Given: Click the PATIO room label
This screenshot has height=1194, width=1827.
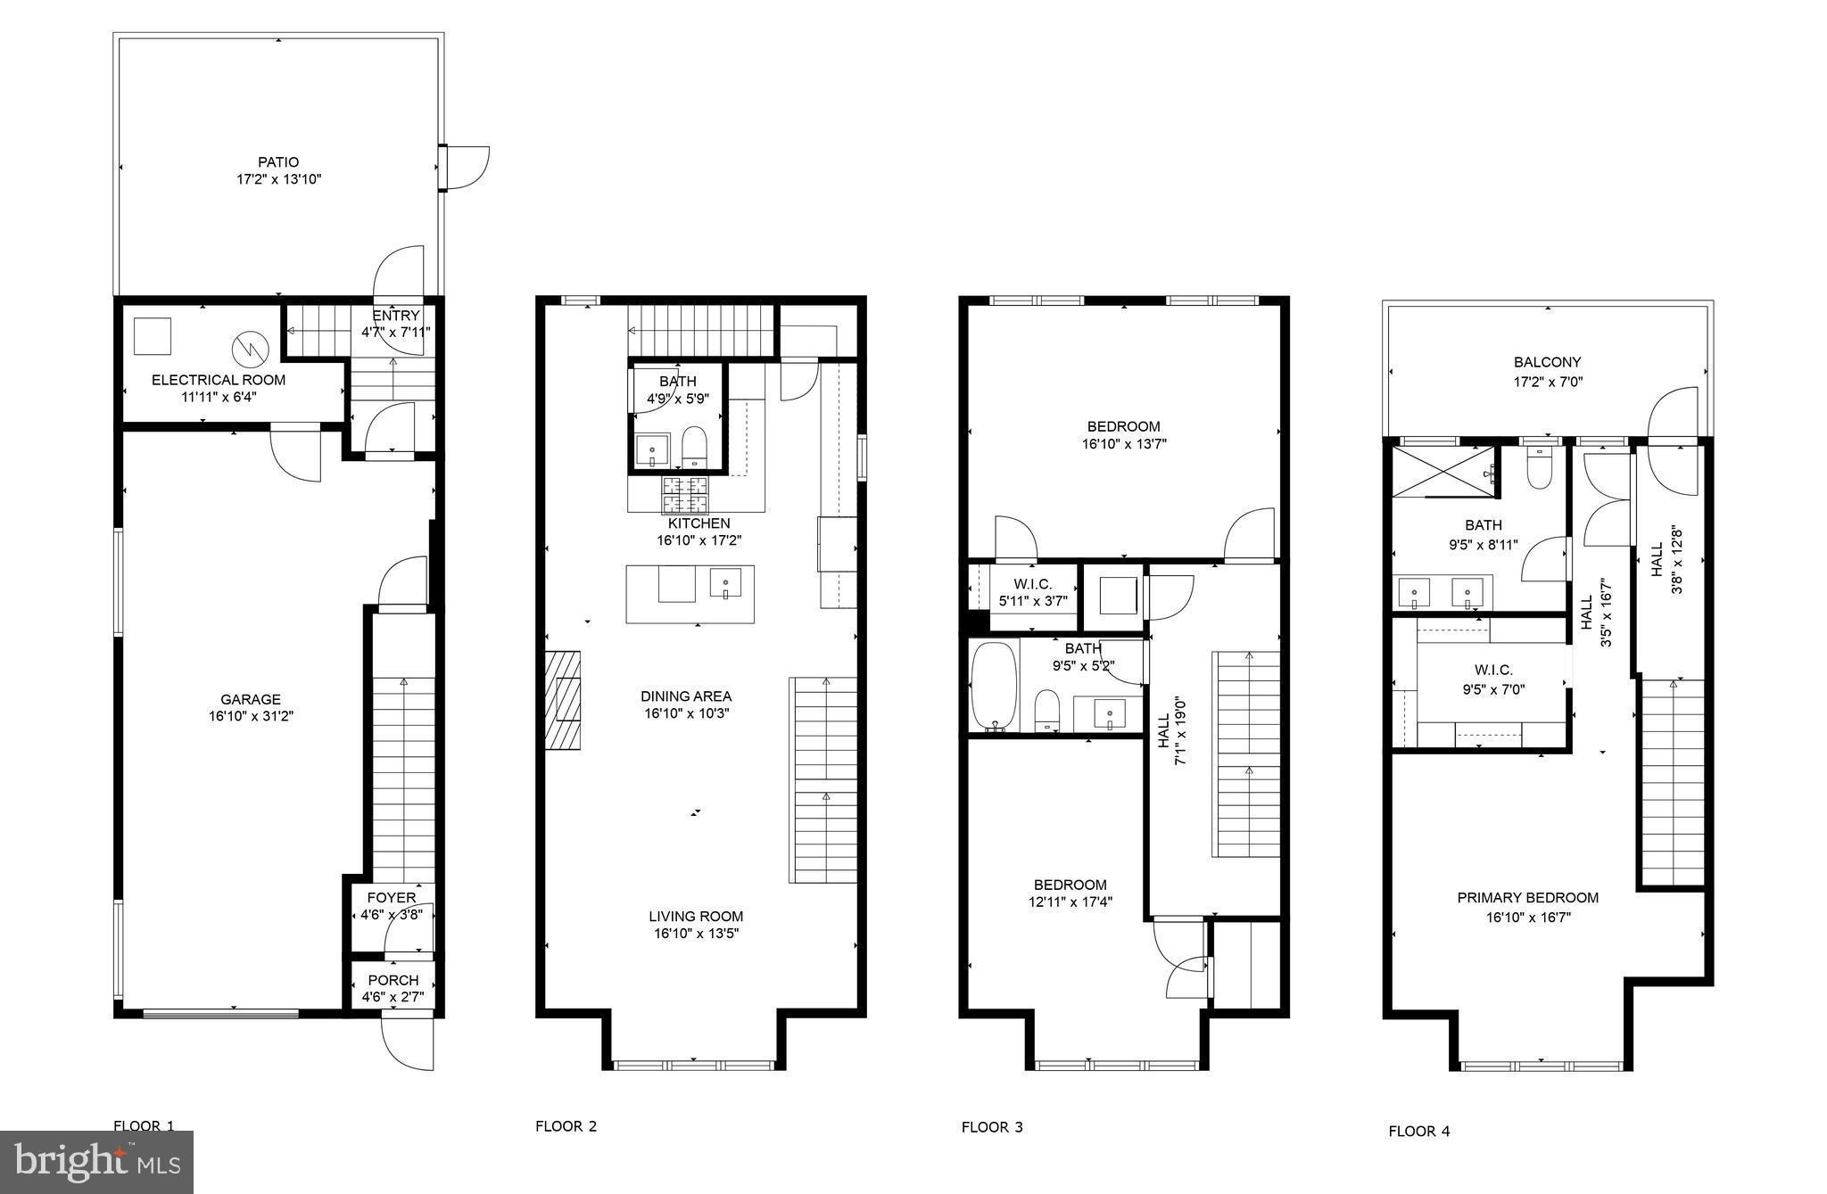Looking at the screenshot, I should click(278, 162).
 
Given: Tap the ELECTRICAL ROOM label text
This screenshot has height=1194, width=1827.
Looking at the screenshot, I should click(219, 380).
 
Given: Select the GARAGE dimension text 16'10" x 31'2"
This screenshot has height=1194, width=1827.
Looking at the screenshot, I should click(251, 716).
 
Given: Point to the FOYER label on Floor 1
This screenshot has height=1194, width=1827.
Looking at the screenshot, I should click(392, 898).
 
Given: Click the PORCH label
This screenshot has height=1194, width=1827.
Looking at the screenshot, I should click(393, 980).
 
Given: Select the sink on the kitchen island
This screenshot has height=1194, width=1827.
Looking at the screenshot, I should click(725, 585).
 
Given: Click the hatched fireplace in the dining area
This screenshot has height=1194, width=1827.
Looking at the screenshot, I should click(563, 699).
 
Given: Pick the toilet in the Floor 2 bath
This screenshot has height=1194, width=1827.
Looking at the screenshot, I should click(694, 445).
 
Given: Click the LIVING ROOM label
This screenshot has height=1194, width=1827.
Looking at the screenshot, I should click(696, 917).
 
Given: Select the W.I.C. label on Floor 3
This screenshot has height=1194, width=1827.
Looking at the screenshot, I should click(1033, 584).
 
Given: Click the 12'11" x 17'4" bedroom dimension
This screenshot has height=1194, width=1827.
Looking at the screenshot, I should click(1070, 902).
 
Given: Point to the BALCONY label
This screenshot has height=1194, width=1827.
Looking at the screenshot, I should click(1547, 362).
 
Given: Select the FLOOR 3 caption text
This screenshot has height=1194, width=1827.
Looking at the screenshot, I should click(992, 1127).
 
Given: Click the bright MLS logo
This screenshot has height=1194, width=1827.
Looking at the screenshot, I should click(96, 1162).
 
